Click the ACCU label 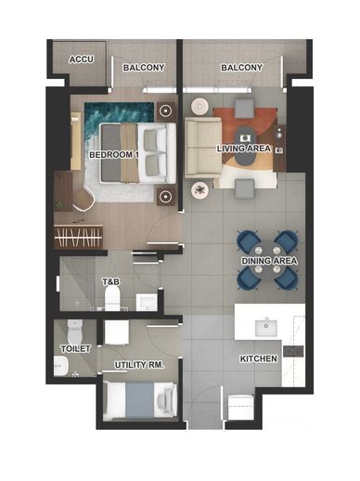(x=81, y=59)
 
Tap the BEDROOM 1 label (x=113, y=154)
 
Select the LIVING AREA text (x=244, y=149)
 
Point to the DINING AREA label (x=269, y=261)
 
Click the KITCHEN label (x=259, y=359)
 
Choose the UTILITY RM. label (x=139, y=365)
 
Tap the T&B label (x=111, y=282)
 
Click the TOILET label (x=76, y=349)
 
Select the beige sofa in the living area (x=203, y=149)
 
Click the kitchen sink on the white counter (x=265, y=328)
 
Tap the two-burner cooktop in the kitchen (x=293, y=351)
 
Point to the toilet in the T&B (x=112, y=298)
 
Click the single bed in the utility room (x=140, y=401)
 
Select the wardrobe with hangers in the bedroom (x=78, y=237)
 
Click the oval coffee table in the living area (x=245, y=147)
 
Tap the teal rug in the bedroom (x=119, y=117)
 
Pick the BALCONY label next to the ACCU (x=144, y=68)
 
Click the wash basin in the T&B (x=147, y=303)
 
